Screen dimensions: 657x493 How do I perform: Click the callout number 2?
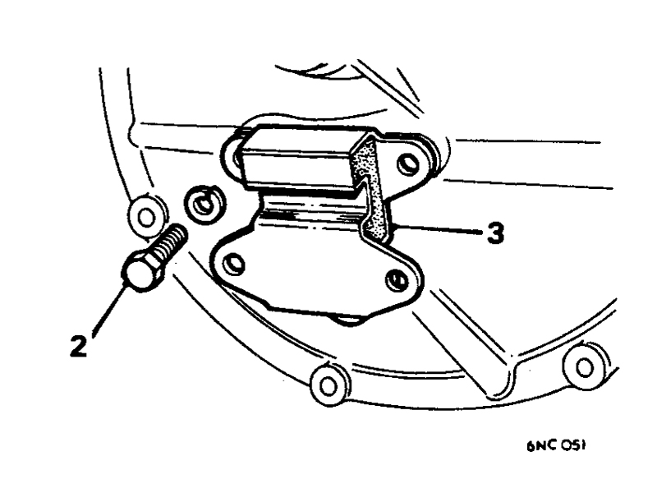[x=78, y=346]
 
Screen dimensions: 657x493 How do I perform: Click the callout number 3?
[x=495, y=233]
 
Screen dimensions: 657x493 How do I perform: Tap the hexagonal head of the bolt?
[x=140, y=271]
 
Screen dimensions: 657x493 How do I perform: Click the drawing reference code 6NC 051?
[x=556, y=445]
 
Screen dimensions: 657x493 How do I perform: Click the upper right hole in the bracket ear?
[x=408, y=164]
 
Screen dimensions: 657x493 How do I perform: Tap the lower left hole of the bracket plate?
[x=232, y=264]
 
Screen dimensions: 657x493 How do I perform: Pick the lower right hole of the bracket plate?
[x=396, y=281]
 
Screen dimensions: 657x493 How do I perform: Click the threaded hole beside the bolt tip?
[x=204, y=205]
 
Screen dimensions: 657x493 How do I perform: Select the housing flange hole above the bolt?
[x=146, y=217]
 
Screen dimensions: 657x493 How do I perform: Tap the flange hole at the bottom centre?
[x=329, y=385]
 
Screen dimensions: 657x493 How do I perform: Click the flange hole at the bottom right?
[x=585, y=367]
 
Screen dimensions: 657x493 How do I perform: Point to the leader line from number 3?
[x=439, y=229]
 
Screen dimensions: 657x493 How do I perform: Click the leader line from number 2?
[x=108, y=309]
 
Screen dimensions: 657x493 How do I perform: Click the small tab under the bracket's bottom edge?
[x=347, y=320]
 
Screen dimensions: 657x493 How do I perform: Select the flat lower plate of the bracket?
[x=315, y=269]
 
